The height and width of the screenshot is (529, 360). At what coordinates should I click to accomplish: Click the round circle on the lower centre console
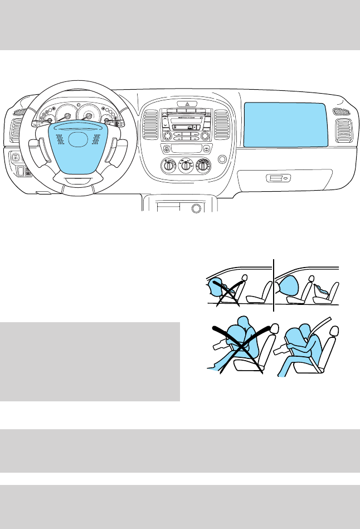(196, 208)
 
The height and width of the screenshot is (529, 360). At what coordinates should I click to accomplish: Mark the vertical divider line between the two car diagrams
(275, 284)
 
